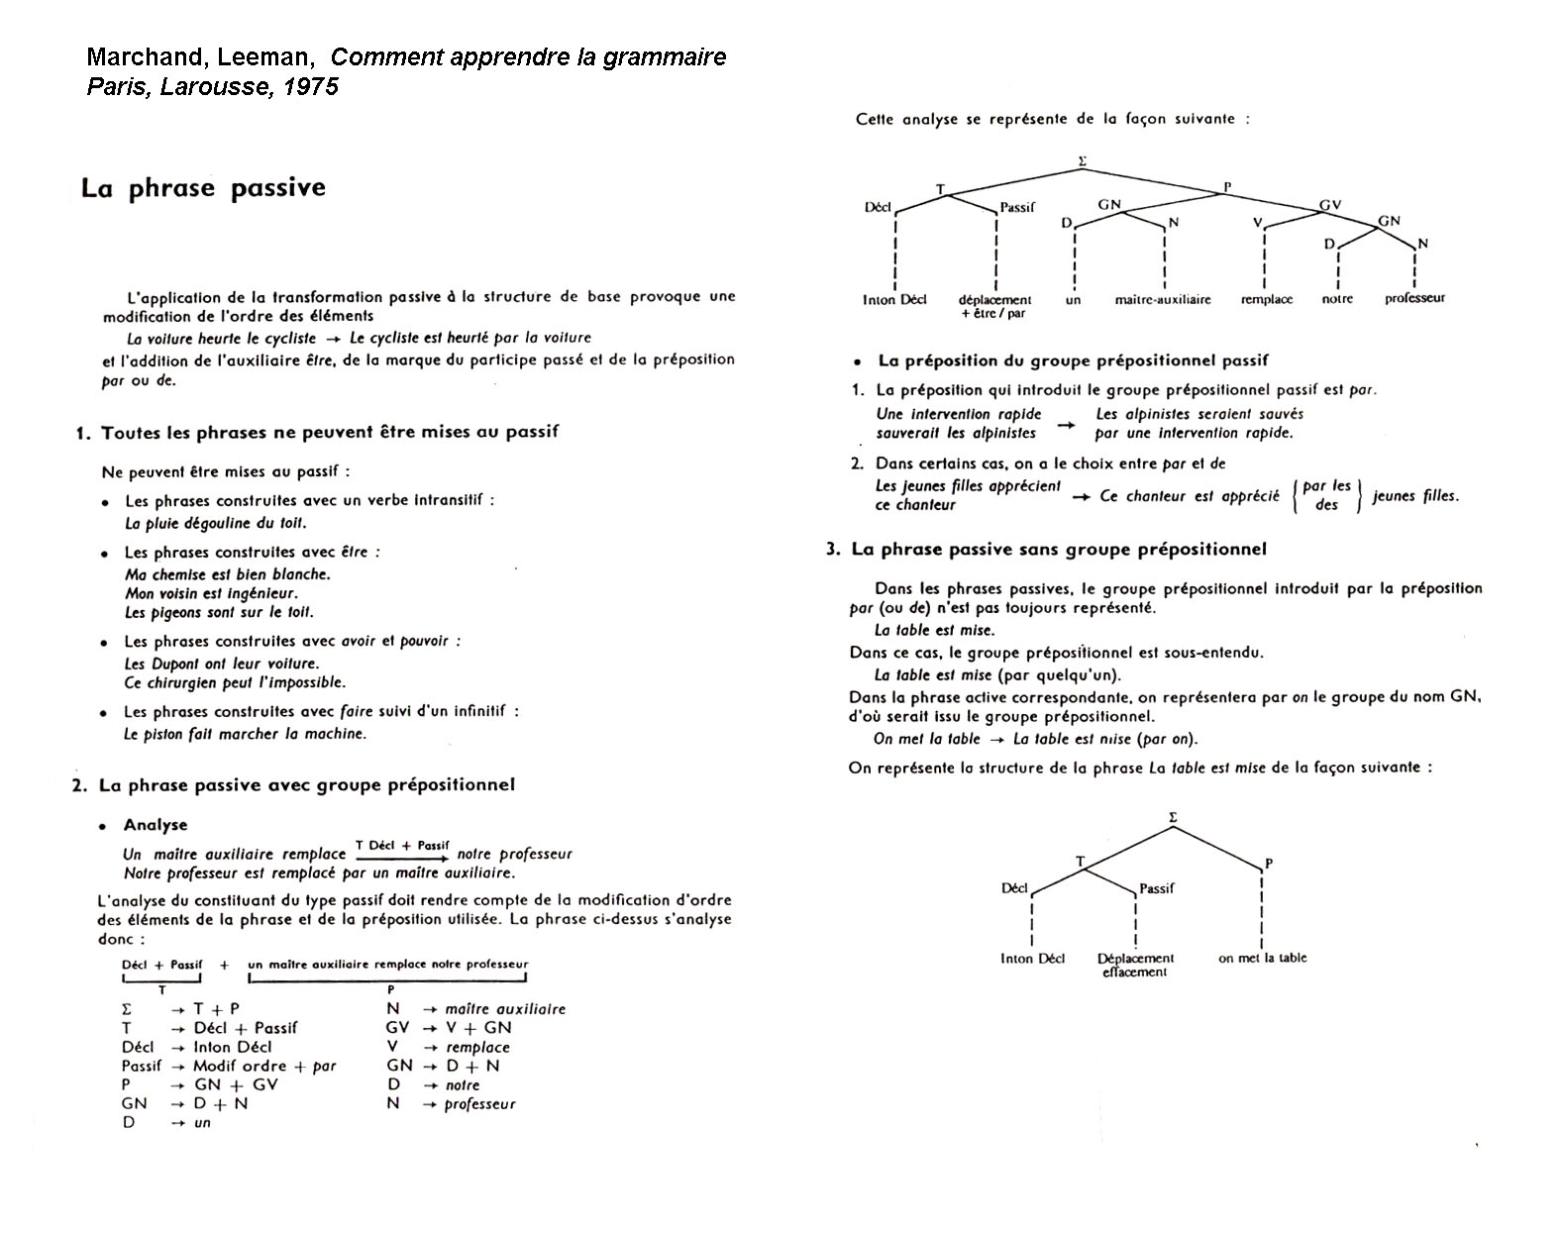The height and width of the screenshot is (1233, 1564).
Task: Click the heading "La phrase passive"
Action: click(x=203, y=188)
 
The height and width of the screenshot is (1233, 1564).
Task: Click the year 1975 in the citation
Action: click(x=311, y=87)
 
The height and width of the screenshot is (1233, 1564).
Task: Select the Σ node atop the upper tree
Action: click(x=1082, y=159)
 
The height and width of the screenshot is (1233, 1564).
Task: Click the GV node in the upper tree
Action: click(x=1329, y=205)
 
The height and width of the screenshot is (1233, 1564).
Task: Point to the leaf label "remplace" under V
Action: click(x=1266, y=299)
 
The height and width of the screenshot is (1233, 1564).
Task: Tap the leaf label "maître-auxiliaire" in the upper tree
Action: click(x=1162, y=299)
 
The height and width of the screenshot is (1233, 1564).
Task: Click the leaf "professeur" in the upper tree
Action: click(x=1414, y=298)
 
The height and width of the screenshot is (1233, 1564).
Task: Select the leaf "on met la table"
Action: click(x=1262, y=958)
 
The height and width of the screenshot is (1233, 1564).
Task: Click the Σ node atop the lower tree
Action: click(x=1173, y=817)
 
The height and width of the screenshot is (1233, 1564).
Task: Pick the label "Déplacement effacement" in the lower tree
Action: click(x=1135, y=965)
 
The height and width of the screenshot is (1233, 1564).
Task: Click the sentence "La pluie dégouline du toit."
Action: click(x=215, y=523)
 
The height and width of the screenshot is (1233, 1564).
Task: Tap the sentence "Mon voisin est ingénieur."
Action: click(x=211, y=593)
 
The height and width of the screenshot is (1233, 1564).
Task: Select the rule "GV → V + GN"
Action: click(x=449, y=1028)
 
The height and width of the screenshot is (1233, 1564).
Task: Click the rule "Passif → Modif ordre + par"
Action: click(x=229, y=1066)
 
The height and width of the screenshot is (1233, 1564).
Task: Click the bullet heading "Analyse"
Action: click(x=155, y=825)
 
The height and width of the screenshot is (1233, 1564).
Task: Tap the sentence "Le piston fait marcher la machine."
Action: click(x=245, y=734)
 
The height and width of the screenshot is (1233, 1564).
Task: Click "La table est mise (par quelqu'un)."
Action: click(x=997, y=675)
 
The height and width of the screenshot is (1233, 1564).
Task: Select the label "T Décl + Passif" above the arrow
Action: click(x=402, y=845)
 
